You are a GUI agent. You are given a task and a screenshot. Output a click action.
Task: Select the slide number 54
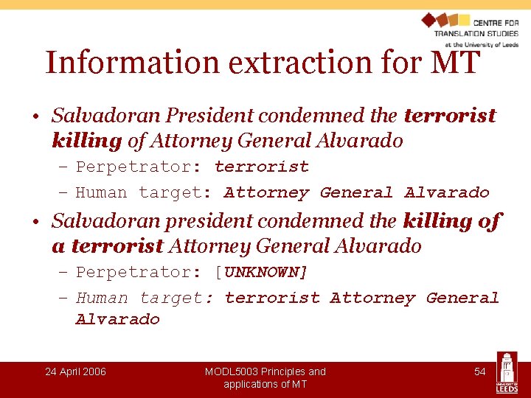(479, 371)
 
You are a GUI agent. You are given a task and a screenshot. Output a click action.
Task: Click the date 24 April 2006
(75, 371)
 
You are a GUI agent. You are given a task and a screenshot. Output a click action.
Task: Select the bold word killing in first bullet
(86, 140)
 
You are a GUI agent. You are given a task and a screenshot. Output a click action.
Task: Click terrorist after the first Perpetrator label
(261, 167)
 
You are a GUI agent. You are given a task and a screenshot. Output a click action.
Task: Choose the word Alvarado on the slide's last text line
(117, 319)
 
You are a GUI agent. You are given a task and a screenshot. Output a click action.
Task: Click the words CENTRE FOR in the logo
(496, 23)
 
